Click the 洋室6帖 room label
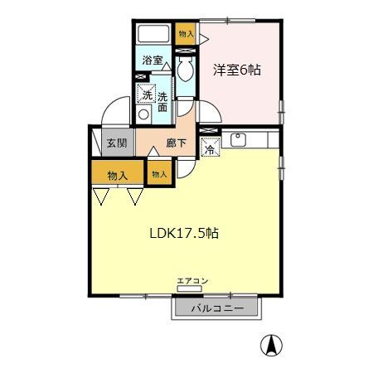coord(237,70)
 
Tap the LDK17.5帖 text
coord(184,234)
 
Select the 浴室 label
coord(153,61)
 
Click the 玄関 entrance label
coord(117,143)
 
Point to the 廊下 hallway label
coord(176,143)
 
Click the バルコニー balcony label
coord(218,308)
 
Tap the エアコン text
coord(192,281)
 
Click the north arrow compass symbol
coord(271,346)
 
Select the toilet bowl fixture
coord(186,69)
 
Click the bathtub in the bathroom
coord(153,34)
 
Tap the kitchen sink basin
coord(238,140)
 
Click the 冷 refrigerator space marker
coord(211,147)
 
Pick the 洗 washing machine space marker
coord(147,93)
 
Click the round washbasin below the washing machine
coord(143,114)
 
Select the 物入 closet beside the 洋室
coord(186,34)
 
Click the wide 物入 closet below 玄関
coord(118,172)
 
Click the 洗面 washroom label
coord(162,102)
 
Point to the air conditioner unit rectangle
coord(189,289)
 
